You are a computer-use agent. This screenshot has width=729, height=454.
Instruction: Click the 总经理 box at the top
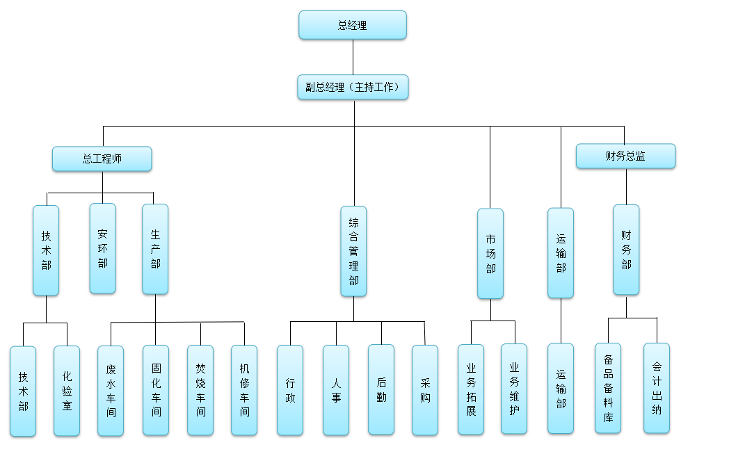click(352, 25)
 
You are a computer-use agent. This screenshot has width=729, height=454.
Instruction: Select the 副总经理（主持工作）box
click(353, 88)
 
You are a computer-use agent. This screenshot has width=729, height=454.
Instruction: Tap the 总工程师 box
click(102, 159)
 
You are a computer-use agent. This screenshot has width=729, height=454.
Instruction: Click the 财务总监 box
click(625, 156)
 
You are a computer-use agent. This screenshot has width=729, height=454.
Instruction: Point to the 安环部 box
click(103, 248)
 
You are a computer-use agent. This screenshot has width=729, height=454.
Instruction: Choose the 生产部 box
click(155, 249)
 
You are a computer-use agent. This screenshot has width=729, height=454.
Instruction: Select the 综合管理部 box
click(353, 251)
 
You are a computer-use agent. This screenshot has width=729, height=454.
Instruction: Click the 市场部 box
click(490, 254)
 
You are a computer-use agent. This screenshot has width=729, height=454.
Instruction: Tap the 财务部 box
click(626, 250)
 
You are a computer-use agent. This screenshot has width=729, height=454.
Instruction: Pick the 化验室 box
click(67, 391)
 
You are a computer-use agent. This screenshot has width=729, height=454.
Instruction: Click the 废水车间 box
click(111, 391)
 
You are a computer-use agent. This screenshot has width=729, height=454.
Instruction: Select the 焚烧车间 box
click(200, 391)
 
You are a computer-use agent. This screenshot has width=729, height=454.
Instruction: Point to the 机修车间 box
click(244, 391)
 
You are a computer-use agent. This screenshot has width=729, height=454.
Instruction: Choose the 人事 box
click(336, 390)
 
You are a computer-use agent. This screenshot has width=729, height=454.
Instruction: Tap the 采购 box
click(425, 390)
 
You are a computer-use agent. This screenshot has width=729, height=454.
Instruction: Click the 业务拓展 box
click(471, 389)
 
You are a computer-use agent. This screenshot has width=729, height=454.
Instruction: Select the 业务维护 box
click(514, 389)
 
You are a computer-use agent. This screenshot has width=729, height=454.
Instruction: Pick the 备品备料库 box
click(608, 388)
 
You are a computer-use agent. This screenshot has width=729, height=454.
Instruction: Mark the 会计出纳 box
click(657, 388)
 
